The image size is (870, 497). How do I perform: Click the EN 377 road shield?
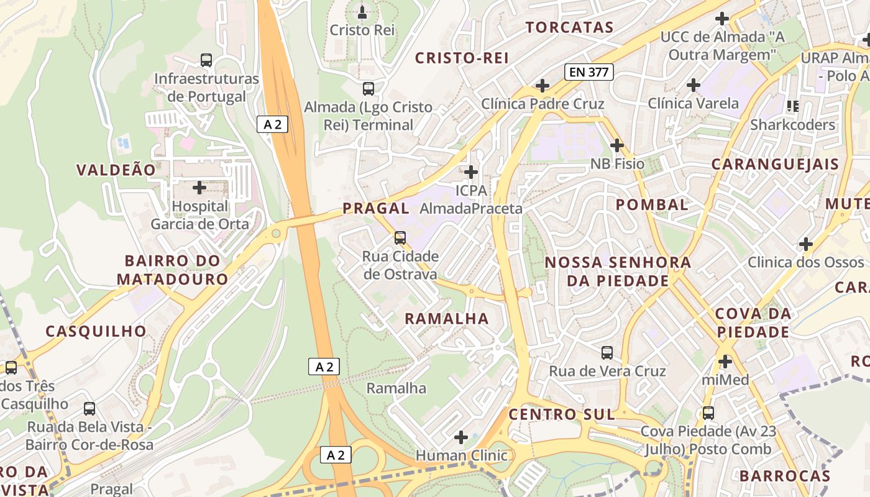pyautogui.click(x=589, y=72)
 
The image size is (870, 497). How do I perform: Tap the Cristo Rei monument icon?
pyautogui.click(x=362, y=12)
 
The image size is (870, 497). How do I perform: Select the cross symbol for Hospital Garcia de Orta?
pyautogui.click(x=199, y=187)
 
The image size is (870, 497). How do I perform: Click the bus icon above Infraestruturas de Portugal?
pyautogui.click(x=206, y=60)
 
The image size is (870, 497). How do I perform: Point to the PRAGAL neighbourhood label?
pyautogui.click(x=376, y=208)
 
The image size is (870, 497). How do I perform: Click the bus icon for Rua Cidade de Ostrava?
pyautogui.click(x=400, y=238)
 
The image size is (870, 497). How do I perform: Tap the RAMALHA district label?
pyautogui.click(x=447, y=319)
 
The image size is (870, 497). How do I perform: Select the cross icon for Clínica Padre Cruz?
pyautogui.click(x=543, y=85)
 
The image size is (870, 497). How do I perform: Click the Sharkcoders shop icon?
pyautogui.click(x=792, y=106)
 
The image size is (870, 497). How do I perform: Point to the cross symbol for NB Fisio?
pyautogui.click(x=616, y=145)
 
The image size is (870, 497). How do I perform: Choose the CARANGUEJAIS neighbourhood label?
pyautogui.click(x=775, y=165)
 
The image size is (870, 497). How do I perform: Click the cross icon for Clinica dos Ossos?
pyautogui.click(x=805, y=244)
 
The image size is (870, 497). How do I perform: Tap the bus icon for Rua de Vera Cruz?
pyautogui.click(x=607, y=353)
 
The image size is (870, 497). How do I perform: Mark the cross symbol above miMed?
pyautogui.click(x=725, y=361)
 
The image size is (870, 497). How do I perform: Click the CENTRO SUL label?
pyautogui.click(x=562, y=414)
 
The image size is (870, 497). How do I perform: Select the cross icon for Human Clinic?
pyautogui.click(x=461, y=437)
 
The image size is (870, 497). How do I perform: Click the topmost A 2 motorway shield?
pyautogui.click(x=273, y=124)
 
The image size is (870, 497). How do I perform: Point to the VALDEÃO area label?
pyautogui.click(x=116, y=170)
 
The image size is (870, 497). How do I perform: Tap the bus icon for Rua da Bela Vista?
pyautogui.click(x=89, y=409)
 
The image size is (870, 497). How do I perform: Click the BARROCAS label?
pyautogui.click(x=784, y=476)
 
